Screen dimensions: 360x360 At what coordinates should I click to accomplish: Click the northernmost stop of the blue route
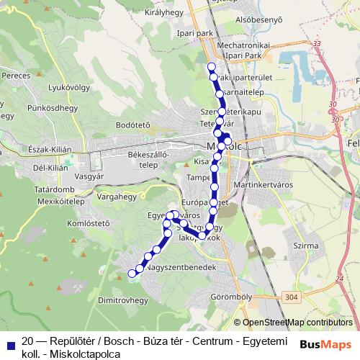(x=211, y=67)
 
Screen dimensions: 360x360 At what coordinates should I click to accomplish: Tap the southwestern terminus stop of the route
(x=131, y=273)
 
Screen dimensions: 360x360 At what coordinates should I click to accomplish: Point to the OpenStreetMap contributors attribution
(x=297, y=323)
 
